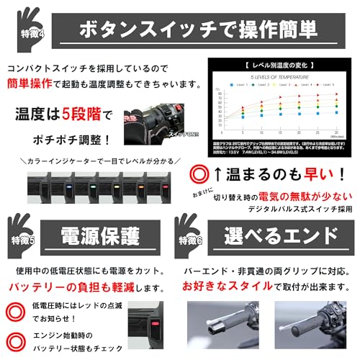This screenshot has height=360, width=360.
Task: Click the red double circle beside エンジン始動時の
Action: click(x=14, y=341)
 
